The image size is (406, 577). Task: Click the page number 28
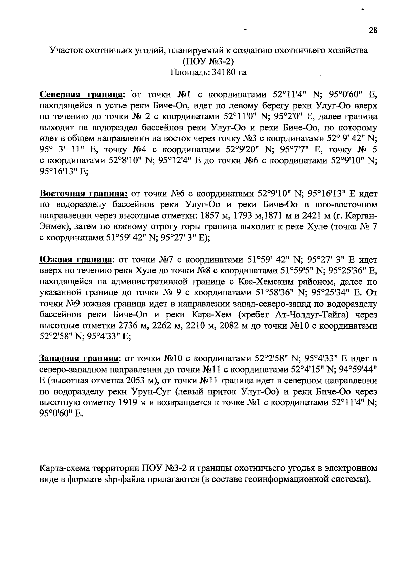click(373, 31)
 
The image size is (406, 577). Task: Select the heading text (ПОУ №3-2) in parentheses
click(208, 62)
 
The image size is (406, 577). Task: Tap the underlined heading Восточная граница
click(83, 194)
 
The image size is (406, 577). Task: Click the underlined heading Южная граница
click(76, 260)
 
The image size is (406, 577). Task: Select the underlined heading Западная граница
click(79, 359)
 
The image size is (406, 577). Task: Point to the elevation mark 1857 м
click(213, 216)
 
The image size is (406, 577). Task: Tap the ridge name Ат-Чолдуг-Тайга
click(311, 315)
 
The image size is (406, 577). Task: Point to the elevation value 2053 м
click(139, 381)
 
